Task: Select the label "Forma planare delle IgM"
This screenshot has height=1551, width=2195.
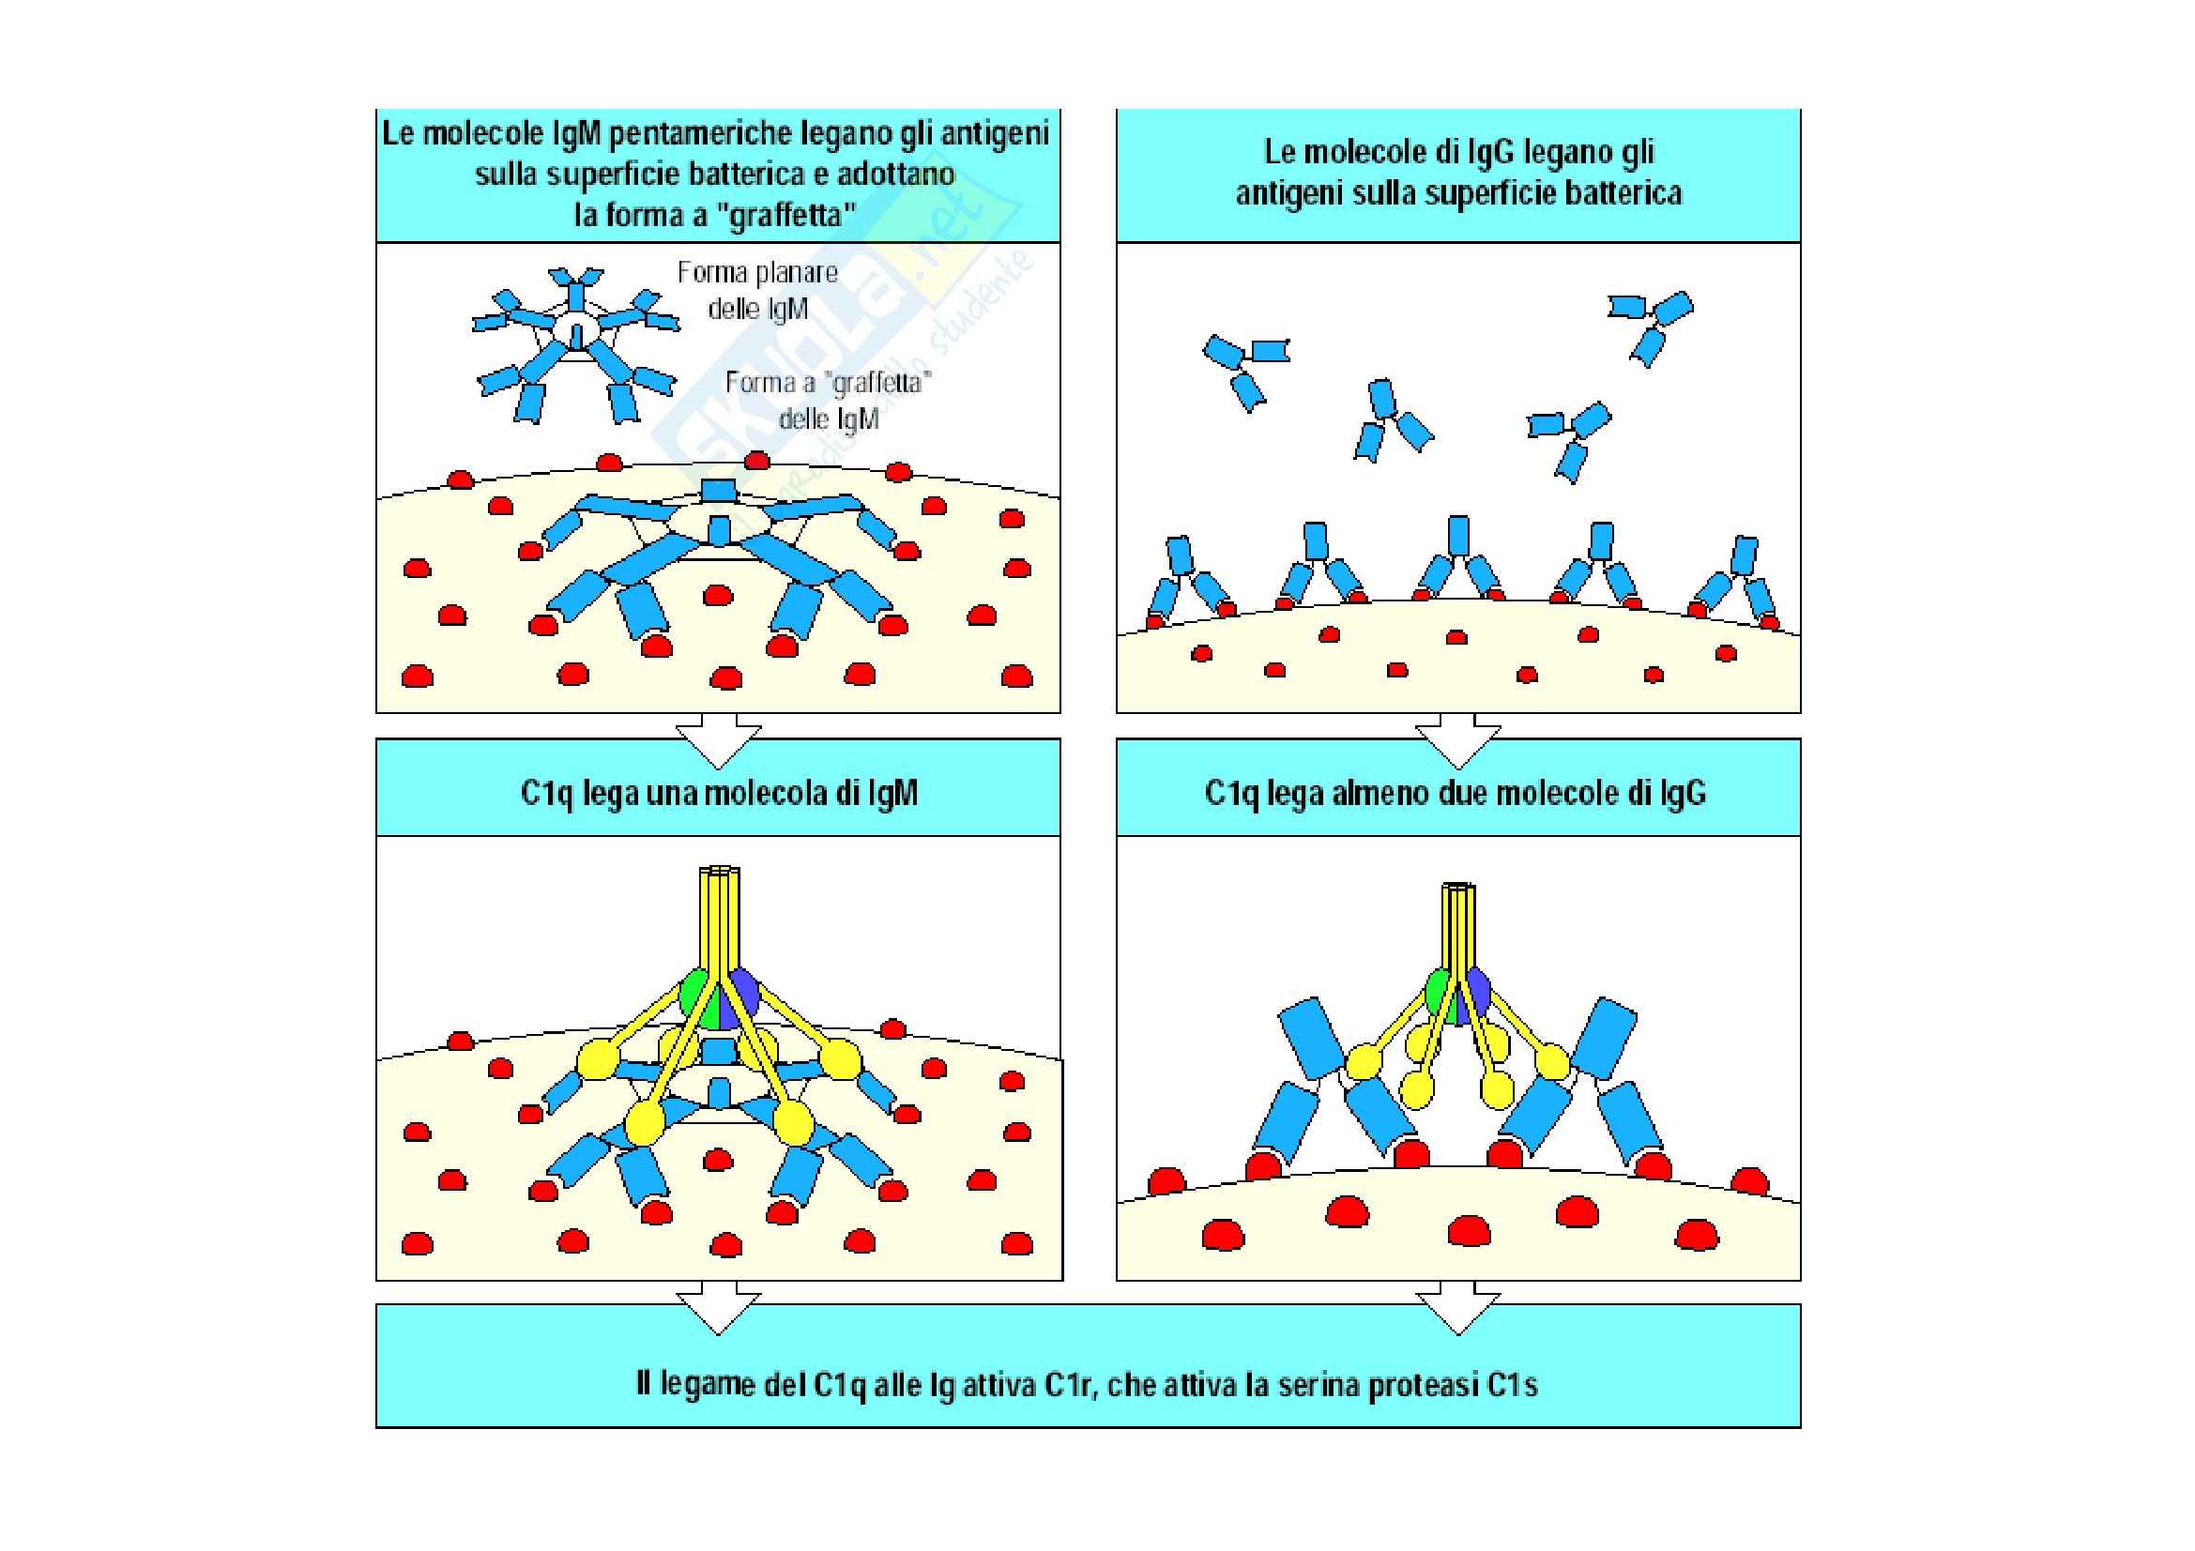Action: (758, 291)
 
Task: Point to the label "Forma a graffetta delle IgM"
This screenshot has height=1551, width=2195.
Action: (829, 402)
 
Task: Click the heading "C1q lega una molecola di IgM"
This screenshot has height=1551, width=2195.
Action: (719, 793)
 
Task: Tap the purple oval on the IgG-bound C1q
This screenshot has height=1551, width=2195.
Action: (1478, 992)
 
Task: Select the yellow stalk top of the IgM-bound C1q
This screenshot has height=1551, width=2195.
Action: (720, 874)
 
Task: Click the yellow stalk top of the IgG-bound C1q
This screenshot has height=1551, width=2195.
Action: (1456, 890)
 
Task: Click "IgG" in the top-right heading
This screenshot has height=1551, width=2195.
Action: (1471, 153)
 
